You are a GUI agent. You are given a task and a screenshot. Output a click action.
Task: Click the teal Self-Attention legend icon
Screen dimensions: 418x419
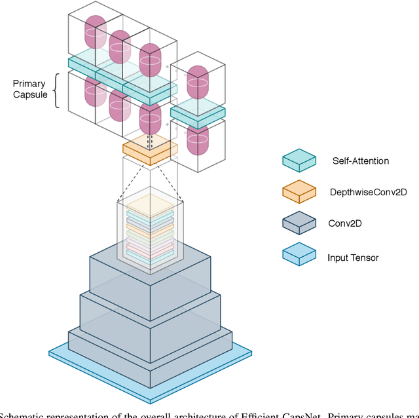coord(299,159)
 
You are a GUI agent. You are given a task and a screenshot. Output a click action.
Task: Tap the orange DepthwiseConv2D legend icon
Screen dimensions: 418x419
coord(299,191)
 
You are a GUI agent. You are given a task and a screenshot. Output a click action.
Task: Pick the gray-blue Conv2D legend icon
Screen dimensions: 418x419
coord(299,223)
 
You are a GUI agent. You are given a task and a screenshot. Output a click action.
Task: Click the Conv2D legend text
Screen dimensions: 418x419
coord(345,223)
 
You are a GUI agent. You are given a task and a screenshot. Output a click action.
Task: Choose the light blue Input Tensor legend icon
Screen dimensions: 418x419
coord(299,256)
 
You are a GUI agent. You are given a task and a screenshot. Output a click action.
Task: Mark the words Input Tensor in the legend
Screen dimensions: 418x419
coord(353,257)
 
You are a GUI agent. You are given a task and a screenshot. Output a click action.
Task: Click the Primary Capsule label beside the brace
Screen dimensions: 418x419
coord(29,90)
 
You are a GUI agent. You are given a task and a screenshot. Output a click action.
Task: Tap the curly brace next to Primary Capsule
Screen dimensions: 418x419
coord(56,90)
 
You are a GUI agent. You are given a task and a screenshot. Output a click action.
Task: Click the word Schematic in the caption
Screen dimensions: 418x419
coord(24,413)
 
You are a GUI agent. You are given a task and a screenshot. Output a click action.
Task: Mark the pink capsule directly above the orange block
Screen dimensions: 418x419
coord(149,117)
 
